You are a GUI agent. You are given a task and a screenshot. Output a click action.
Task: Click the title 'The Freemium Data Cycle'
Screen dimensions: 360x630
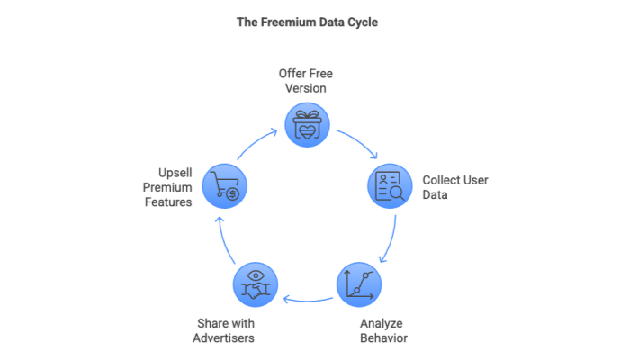(306, 22)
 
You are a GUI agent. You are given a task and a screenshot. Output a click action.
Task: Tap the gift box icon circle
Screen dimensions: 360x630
(307, 124)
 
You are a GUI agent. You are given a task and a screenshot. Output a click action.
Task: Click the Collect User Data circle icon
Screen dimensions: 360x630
(389, 185)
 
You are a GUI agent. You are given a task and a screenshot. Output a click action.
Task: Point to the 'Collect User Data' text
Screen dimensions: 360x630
(454, 186)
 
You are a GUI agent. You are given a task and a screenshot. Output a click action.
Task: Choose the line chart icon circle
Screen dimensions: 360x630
(358, 283)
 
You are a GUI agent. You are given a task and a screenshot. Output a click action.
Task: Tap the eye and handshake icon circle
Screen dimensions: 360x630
(256, 283)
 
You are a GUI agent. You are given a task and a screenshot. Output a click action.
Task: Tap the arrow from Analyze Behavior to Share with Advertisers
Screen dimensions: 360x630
(306, 299)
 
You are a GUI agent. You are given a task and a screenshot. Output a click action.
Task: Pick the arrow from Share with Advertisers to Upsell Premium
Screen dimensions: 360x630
(225, 241)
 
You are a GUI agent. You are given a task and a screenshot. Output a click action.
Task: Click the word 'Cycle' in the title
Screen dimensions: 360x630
(360, 22)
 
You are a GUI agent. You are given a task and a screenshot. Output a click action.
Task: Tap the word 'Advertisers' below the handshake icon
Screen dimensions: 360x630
(223, 338)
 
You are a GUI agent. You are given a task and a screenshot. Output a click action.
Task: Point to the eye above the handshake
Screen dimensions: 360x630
(256, 274)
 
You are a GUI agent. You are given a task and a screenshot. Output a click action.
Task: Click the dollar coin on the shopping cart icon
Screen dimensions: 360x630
(231, 193)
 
